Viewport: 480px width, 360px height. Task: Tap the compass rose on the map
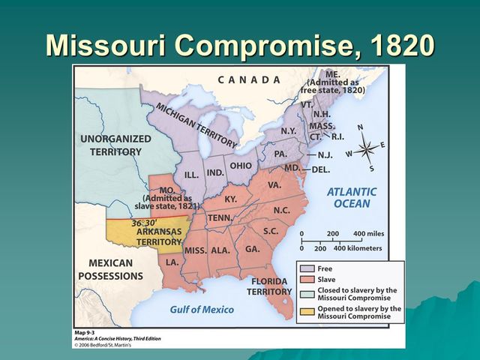(365, 147)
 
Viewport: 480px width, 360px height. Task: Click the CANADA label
(250, 79)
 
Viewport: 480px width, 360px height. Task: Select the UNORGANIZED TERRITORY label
(115, 145)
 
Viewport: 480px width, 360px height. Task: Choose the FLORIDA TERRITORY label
(270, 286)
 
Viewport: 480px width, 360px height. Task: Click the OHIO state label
(241, 166)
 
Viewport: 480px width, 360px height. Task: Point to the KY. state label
(231, 199)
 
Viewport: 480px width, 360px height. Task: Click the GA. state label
(252, 249)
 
